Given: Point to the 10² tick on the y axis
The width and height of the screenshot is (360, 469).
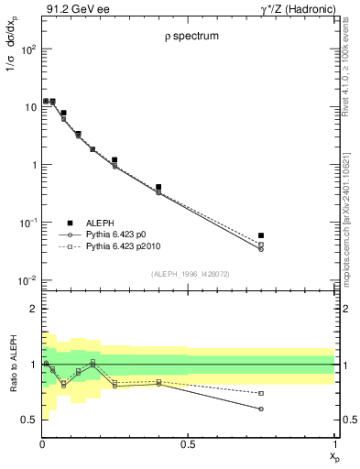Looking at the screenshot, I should click(29, 49).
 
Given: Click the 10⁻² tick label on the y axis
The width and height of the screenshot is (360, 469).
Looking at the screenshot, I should click(28, 280).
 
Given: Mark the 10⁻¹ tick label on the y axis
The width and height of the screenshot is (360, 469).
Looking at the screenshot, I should click(28, 223).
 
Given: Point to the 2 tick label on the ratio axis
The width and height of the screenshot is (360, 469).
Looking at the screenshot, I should click(32, 309).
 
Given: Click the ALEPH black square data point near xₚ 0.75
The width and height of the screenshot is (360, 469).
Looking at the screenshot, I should click(261, 235).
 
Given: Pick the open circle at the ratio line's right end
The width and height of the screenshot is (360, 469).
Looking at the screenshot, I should click(261, 409).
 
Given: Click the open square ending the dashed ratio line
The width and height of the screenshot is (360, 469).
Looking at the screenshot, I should click(261, 393).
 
